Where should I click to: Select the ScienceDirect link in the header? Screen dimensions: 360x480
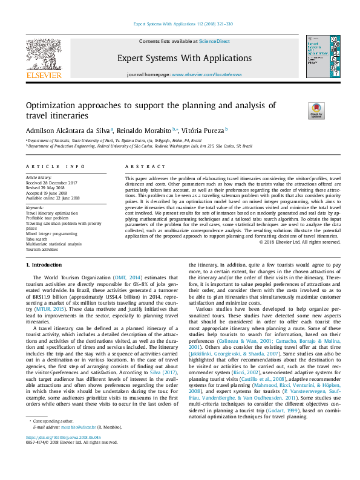[x=215, y=41]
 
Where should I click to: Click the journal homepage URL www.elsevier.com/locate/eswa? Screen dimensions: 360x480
[x=203, y=74]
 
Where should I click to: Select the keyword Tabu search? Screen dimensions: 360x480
[x=38, y=239]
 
